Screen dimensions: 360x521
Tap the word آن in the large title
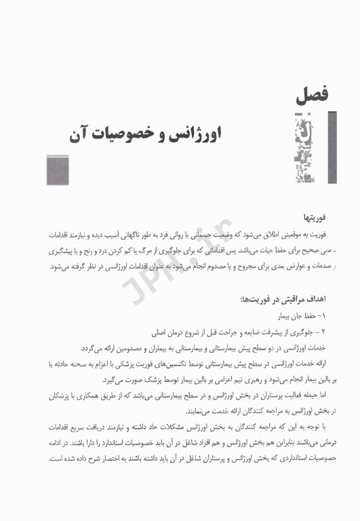[79, 134]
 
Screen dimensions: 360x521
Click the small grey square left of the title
[58, 170]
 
